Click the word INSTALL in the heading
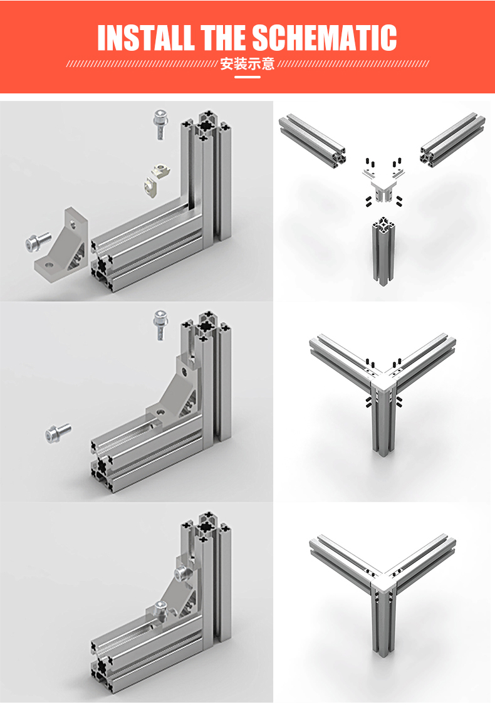click(x=145, y=38)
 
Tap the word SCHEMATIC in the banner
click(x=325, y=38)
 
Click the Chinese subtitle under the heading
click(x=247, y=64)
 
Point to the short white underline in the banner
click(x=247, y=77)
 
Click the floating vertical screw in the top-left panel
click(x=160, y=124)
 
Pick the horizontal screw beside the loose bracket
click(x=38, y=241)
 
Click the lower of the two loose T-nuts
click(x=152, y=187)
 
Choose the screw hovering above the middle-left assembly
click(x=160, y=324)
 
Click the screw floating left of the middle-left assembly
click(x=58, y=433)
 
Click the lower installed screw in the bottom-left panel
click(x=162, y=608)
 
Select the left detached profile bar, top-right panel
click(x=313, y=142)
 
